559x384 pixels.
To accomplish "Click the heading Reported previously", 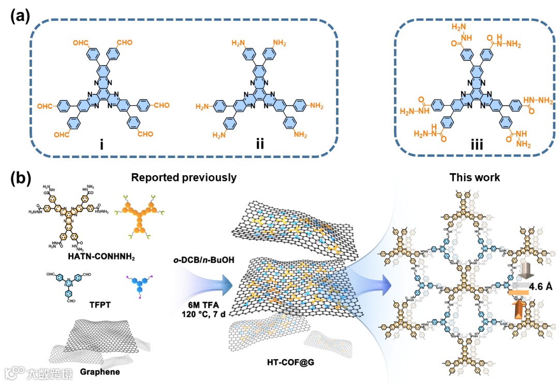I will pos(184,178).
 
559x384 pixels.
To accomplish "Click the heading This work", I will pos(475,178).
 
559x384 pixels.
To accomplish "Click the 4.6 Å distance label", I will pos(539,283).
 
